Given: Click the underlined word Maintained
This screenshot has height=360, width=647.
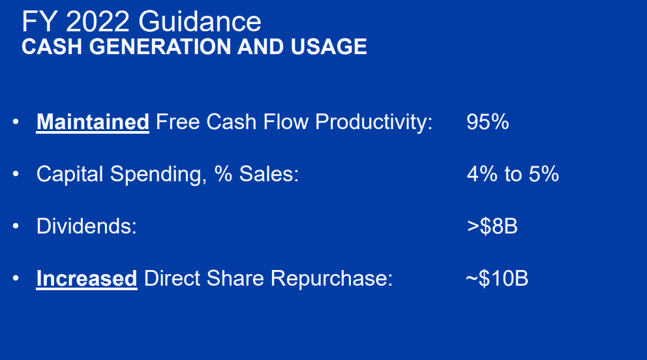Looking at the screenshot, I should coord(93,122).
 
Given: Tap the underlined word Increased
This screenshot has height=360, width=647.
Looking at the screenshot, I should coord(87,278).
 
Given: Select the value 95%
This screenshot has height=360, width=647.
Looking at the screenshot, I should coord(487,122).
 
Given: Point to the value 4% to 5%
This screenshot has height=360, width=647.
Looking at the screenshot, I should coord(513,174).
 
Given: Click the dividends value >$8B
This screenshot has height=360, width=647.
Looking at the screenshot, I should coord(492,226).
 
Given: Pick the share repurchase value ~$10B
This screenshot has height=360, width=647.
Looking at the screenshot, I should coord(497,278).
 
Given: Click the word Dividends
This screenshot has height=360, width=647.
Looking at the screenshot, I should coord(86,226).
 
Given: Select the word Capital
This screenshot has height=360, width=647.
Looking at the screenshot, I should coord(70,174).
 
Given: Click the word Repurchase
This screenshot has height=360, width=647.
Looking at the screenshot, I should coord(331,278).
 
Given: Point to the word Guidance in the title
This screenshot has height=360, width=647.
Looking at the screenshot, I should coord(200,22).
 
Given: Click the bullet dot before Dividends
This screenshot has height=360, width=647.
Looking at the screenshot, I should coord(16,226).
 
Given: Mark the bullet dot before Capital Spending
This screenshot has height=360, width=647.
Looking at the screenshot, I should coord(16,174).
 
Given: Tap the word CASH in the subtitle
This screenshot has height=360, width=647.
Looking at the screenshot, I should coord(45,47).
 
